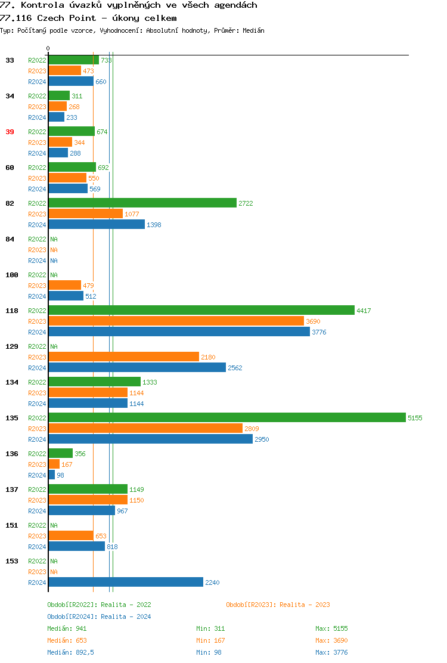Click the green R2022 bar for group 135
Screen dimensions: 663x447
click(x=226, y=417)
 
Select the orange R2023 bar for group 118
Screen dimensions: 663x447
click(x=176, y=321)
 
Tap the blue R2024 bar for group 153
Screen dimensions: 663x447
click(x=126, y=582)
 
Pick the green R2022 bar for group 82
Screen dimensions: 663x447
click(x=142, y=203)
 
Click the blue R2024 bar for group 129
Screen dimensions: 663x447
click(x=137, y=367)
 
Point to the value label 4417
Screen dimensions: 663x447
click(x=364, y=311)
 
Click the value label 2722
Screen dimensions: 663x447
click(x=246, y=203)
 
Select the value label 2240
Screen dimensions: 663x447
click(x=212, y=583)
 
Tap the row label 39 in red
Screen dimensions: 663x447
click(x=10, y=132)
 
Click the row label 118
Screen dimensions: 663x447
click(x=12, y=311)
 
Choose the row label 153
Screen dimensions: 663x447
click(x=12, y=561)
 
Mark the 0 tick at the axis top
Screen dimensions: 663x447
click(x=48, y=49)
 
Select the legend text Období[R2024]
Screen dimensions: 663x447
click(x=72, y=616)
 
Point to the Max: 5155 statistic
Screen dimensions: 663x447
click(x=331, y=628)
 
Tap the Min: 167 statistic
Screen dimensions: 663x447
click(x=210, y=640)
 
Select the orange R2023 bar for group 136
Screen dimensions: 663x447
click(x=54, y=464)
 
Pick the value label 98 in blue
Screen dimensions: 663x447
click(x=60, y=475)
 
